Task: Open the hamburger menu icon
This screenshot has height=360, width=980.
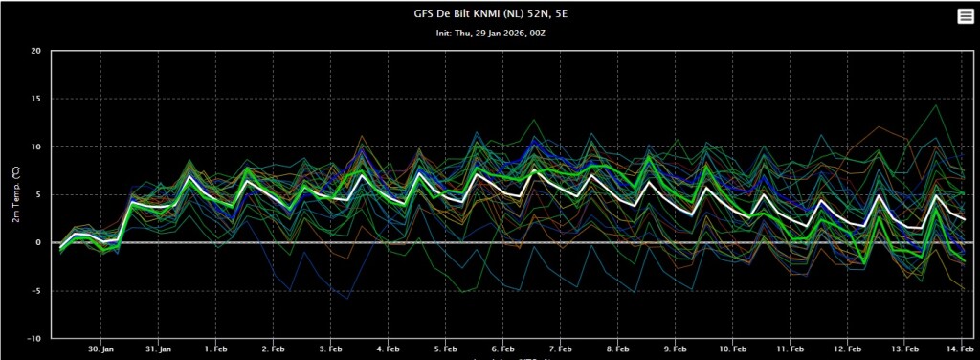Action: (966, 17)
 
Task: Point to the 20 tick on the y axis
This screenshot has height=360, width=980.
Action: (37, 52)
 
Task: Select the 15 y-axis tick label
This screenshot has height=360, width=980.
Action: (37, 99)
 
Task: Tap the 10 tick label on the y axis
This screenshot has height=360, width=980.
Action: (37, 146)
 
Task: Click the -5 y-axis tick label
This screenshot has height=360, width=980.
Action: (37, 291)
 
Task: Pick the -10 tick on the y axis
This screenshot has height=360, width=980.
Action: (35, 338)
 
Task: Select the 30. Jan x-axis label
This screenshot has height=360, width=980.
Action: (100, 349)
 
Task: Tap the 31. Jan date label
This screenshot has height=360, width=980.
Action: (158, 349)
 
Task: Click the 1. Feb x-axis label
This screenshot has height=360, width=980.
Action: (215, 349)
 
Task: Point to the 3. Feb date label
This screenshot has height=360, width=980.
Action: (330, 349)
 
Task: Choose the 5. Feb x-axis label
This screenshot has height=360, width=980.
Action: (446, 349)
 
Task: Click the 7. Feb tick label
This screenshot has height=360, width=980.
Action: (561, 349)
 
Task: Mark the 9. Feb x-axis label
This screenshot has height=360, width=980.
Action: (676, 349)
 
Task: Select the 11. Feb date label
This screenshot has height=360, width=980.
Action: (790, 349)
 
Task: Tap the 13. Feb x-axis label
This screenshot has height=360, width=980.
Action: (905, 349)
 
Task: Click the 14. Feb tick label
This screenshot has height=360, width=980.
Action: (961, 349)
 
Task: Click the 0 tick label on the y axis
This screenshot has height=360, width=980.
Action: (38, 242)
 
